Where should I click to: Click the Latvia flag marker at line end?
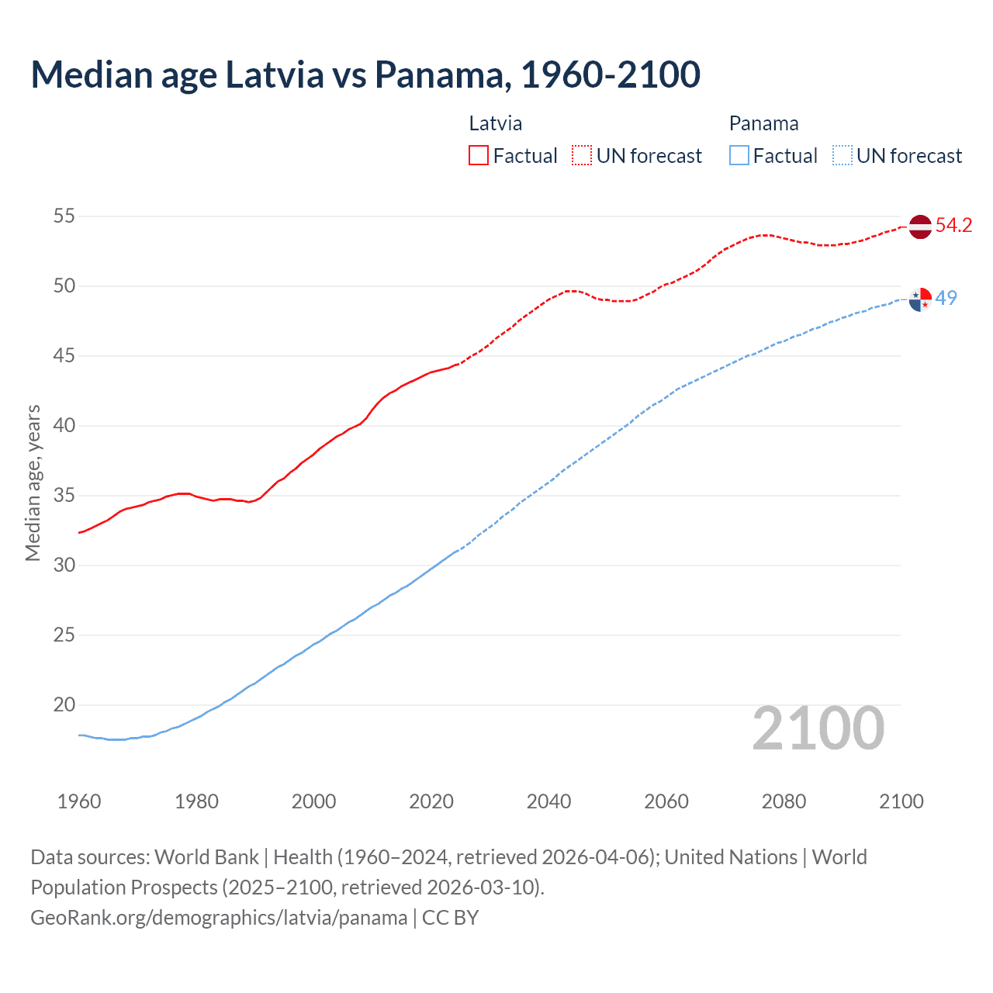(x=919, y=227)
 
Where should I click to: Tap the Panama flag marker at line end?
(x=919, y=299)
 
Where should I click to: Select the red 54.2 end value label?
(x=953, y=226)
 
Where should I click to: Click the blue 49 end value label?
(x=946, y=298)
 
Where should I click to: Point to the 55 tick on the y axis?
(x=64, y=216)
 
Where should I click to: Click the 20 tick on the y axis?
(x=64, y=704)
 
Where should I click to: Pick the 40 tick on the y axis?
(x=64, y=425)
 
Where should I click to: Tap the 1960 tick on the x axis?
(x=79, y=801)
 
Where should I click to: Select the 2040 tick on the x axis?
(x=548, y=801)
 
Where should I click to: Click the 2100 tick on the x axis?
(x=901, y=801)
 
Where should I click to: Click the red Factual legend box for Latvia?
(x=479, y=156)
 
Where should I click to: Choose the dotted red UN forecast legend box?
(x=582, y=156)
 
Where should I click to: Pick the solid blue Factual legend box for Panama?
(x=739, y=156)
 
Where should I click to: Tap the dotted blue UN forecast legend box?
(x=842, y=156)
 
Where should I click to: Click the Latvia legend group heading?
(x=496, y=123)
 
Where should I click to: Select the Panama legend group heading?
(x=763, y=123)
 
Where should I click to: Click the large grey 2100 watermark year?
(x=818, y=728)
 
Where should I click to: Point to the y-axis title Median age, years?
(x=33, y=482)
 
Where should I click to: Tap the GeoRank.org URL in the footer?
(x=219, y=918)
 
